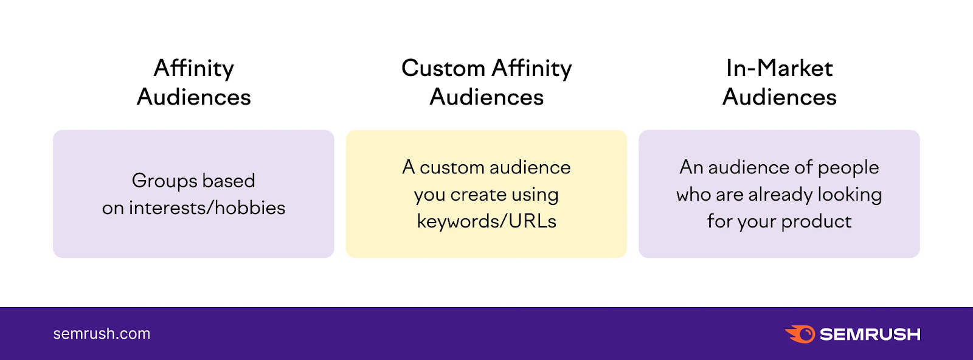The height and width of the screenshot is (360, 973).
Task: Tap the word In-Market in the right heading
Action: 779,68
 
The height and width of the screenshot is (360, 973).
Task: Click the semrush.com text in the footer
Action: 102,334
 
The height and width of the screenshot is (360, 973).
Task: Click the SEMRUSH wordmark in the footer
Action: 870,334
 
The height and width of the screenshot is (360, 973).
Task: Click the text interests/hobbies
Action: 207,208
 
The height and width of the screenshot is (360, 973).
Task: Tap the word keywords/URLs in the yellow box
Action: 486,221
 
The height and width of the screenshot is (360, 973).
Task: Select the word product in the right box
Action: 816,221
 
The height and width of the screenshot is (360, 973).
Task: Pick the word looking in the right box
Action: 850,195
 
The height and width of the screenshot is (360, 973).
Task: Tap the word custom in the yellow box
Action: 452,168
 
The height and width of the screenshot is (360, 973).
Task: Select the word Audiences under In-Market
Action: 779,97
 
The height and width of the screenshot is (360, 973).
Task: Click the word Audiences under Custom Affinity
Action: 486,97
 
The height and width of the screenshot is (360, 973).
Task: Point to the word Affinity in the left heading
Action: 193,68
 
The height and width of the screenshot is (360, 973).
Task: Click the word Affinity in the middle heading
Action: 532,68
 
